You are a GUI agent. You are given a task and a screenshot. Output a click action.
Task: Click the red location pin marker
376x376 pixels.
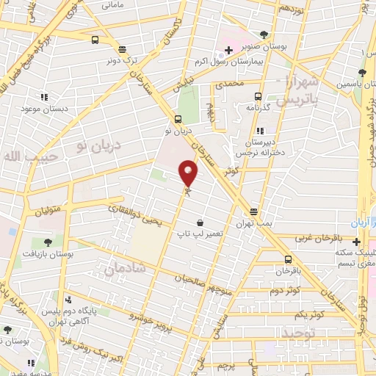click(189, 173)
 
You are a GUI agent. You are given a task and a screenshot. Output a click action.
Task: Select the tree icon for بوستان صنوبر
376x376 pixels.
click(264, 34)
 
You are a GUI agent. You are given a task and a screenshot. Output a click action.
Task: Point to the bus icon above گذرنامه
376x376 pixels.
click(258, 96)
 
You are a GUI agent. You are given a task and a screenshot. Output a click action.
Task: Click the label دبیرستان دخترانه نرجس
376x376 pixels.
click(260, 148)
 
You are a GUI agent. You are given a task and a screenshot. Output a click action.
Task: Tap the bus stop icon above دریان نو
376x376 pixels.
click(178, 120)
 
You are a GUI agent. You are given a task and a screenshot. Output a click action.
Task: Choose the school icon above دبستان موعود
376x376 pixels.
click(44, 96)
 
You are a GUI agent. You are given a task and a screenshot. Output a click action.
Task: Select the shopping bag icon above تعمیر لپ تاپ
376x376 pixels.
click(200, 223)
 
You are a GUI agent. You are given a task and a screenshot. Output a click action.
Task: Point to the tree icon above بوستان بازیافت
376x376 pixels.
click(48, 242)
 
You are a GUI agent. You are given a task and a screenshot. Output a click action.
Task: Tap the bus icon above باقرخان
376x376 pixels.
click(287, 259)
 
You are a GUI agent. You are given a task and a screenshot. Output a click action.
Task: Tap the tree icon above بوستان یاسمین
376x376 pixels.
click(361, 73)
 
